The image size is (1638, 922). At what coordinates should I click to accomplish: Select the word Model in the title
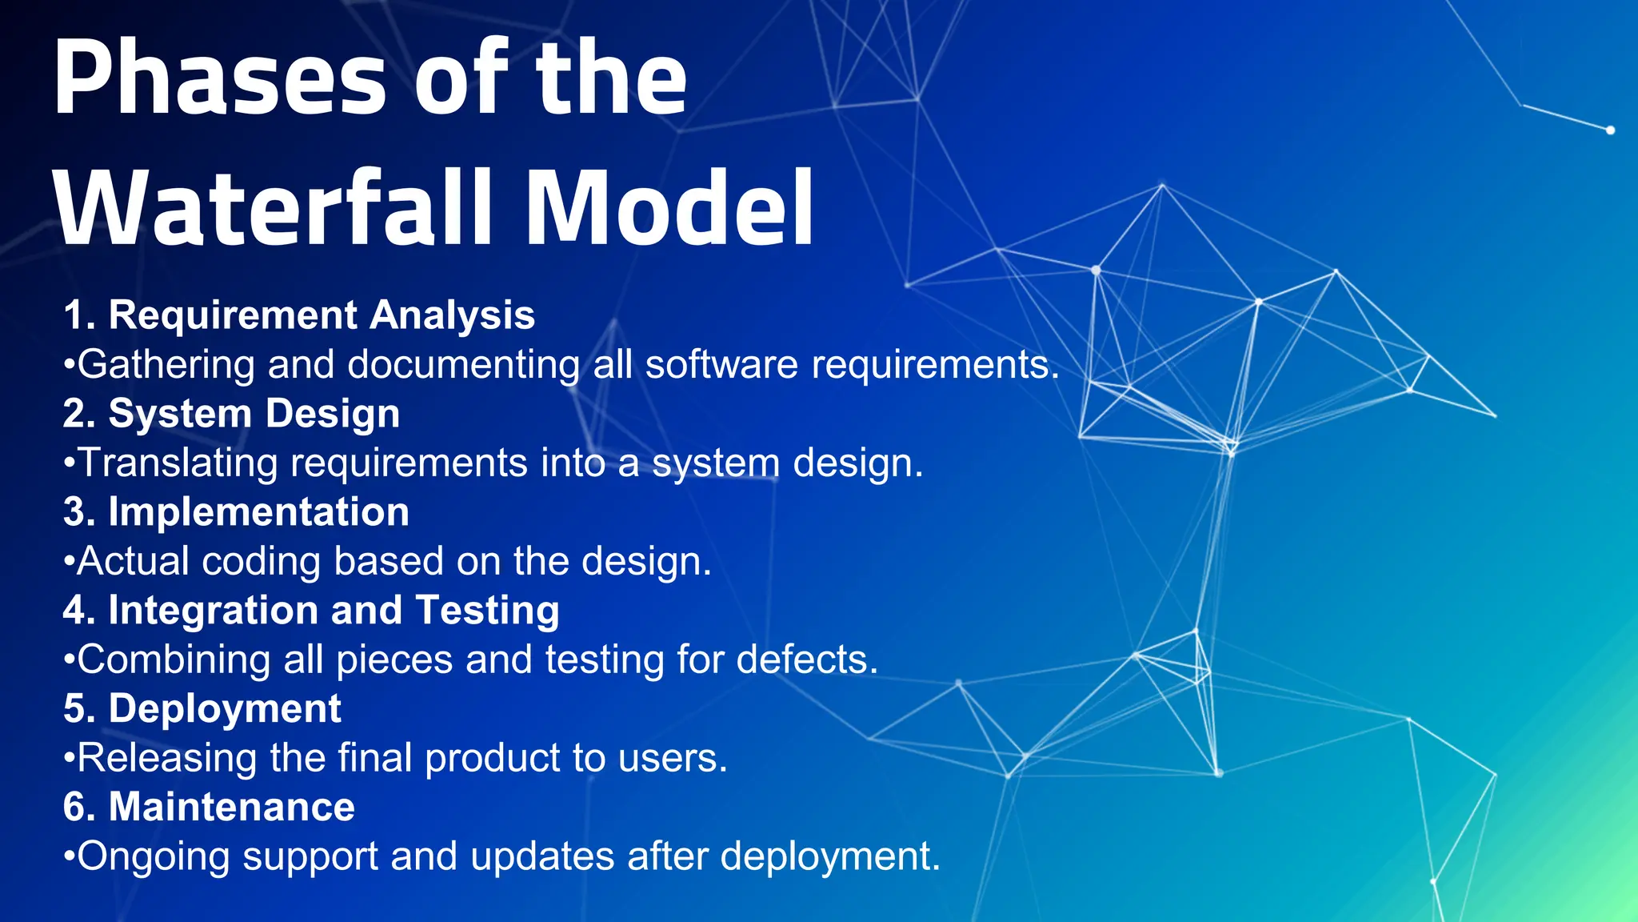tap(670, 210)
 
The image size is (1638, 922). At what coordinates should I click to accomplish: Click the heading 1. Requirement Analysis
tap(299, 315)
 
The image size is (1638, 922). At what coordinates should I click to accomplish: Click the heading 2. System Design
tap(232, 414)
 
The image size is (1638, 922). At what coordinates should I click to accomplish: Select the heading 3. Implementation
tap(237, 512)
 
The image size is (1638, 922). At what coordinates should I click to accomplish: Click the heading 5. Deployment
tap(202, 709)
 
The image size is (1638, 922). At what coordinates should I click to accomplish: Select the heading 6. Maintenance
tap(209, 807)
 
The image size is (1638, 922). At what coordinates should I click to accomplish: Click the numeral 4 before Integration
tap(74, 611)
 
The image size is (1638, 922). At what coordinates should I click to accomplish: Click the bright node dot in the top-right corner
tap(1610, 130)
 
